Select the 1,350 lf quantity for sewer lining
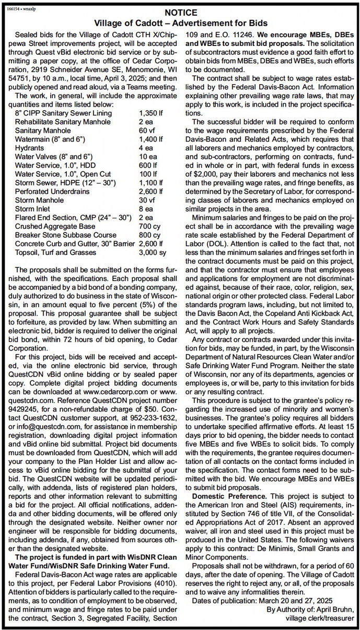click(x=152, y=113)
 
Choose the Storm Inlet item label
click(x=34, y=208)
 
